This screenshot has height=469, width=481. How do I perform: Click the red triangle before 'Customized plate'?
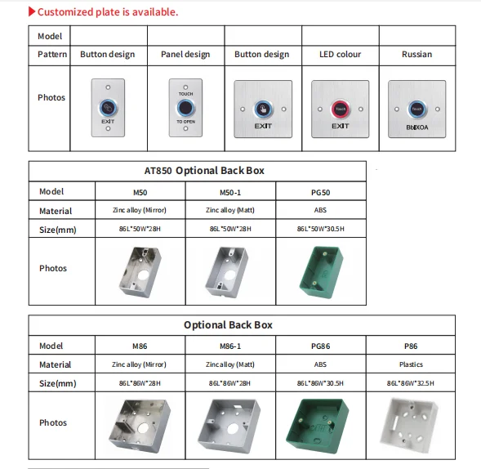(x=32, y=12)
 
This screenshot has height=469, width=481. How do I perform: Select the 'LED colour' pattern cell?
(x=340, y=55)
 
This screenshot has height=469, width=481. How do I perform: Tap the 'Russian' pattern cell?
(x=416, y=55)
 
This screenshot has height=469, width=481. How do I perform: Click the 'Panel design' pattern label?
(x=185, y=55)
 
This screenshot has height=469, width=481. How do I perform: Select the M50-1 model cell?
(x=231, y=192)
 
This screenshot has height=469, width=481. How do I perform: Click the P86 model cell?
(x=410, y=346)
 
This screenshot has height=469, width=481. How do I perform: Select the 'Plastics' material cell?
(x=410, y=364)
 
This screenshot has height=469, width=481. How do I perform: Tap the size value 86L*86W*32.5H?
(x=410, y=383)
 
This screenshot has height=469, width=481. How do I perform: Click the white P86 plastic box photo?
(x=410, y=424)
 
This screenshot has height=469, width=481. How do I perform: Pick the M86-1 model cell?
(x=231, y=346)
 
